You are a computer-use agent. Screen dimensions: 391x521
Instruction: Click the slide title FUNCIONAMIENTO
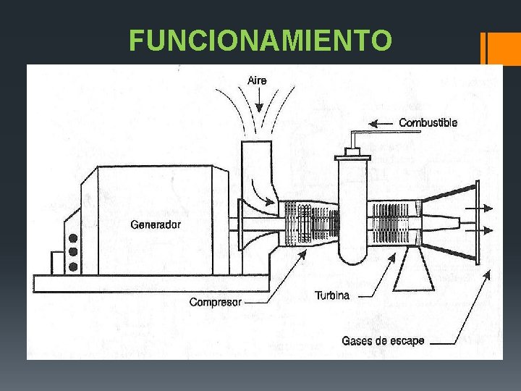pos(260,41)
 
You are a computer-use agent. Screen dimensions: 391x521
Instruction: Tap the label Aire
pos(257,80)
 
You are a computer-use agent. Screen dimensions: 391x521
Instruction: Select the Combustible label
pos(428,123)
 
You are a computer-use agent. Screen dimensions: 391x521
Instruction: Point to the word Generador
pos(156,224)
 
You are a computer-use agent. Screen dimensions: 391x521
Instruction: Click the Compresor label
pos(216,302)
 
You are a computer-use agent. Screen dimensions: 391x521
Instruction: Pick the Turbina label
pos(332,295)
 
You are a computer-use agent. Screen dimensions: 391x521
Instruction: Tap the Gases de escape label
pos(383,340)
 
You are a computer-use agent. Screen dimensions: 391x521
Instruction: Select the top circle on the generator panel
pos(72,238)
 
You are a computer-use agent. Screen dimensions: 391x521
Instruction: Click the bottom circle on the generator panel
pos(72,266)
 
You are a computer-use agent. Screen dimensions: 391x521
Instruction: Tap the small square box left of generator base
pos(57,262)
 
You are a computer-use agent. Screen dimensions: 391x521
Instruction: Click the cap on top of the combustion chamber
pos(352,154)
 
